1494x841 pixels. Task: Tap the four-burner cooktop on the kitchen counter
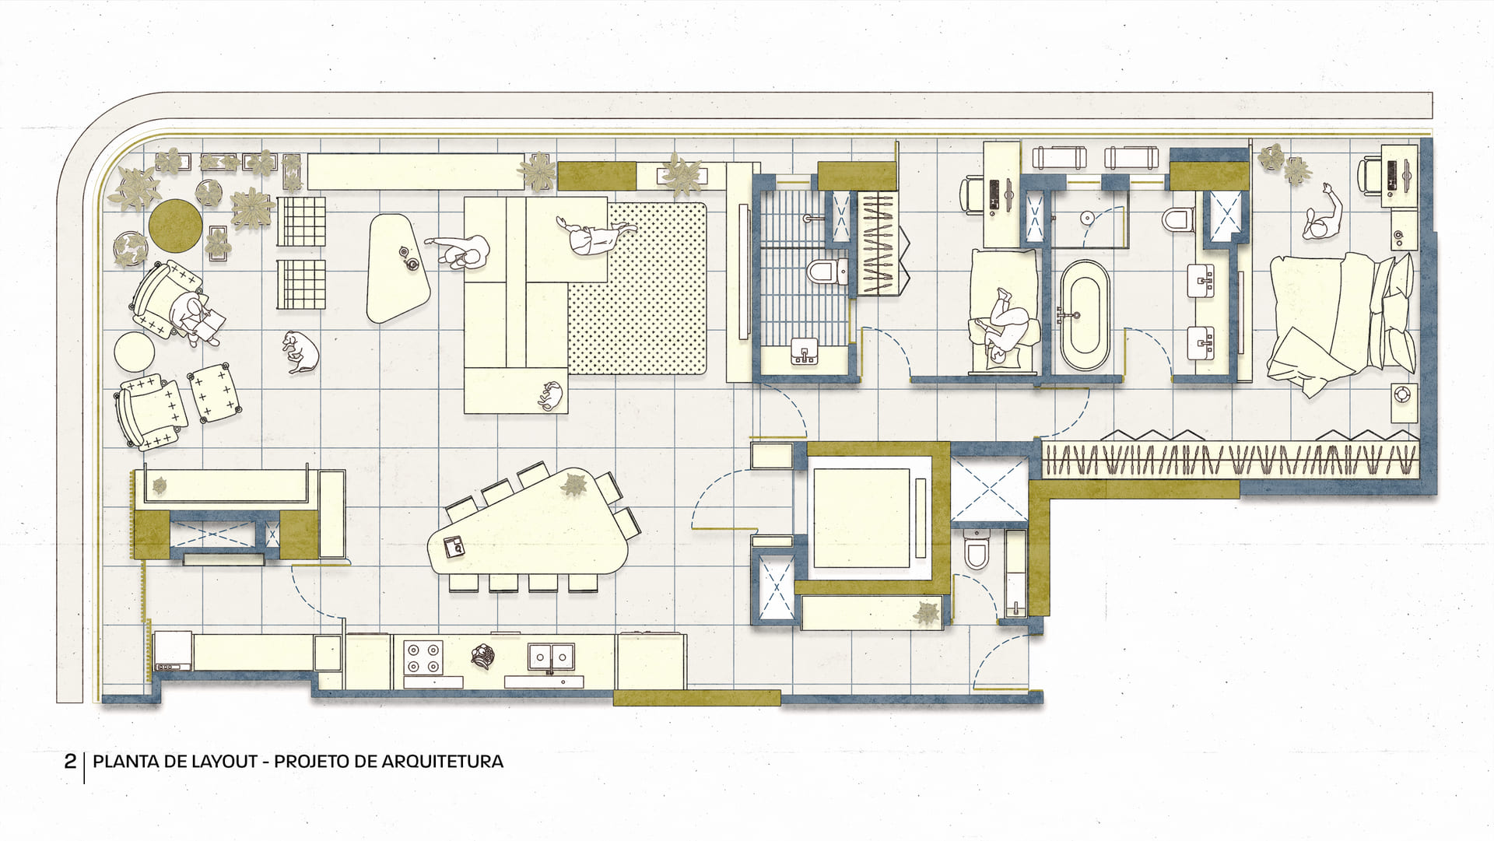click(423, 657)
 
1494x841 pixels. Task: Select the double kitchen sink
click(551, 657)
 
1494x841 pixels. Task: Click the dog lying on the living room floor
click(301, 352)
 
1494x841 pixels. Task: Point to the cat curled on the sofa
click(550, 396)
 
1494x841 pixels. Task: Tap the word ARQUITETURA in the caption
click(442, 761)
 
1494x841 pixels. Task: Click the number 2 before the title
click(70, 761)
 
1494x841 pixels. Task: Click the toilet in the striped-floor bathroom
click(827, 272)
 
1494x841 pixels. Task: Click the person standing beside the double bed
click(1322, 218)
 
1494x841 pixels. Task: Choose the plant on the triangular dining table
click(574, 484)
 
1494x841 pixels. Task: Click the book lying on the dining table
click(453, 546)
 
